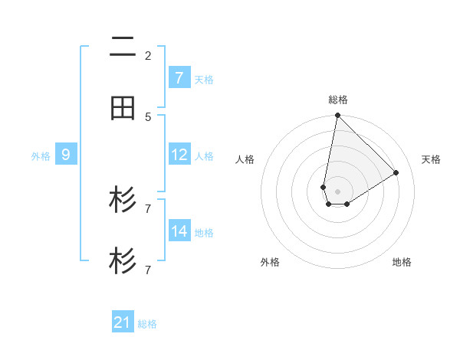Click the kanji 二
click(123, 47)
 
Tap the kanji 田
click(123, 109)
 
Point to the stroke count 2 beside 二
click(147, 55)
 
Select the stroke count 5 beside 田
click(147, 116)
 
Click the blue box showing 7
click(179, 78)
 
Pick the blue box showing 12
click(179, 155)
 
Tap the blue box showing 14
click(179, 231)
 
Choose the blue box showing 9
click(66, 155)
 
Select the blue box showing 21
click(123, 322)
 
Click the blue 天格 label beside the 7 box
click(204, 79)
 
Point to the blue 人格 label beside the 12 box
click(204, 155)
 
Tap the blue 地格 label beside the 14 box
click(204, 232)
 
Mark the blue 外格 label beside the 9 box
click(41, 155)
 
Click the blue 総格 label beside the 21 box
click(147, 324)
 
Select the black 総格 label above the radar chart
click(338, 100)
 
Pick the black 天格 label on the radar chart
click(432, 159)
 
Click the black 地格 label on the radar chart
click(402, 262)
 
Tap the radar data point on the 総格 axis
click(337, 116)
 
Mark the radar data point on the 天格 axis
click(396, 172)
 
